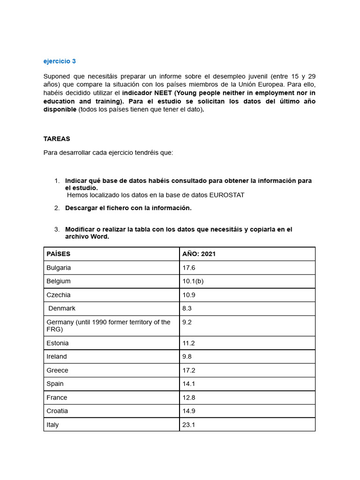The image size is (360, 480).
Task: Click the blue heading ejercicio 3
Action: point(60,61)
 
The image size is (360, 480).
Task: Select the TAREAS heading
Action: point(57,139)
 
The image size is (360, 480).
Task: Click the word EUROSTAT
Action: point(227,195)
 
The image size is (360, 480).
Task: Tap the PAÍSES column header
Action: point(59,254)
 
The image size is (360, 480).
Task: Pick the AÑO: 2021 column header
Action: point(199,254)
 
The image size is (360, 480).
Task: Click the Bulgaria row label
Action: point(59,268)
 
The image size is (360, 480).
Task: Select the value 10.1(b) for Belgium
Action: point(193,281)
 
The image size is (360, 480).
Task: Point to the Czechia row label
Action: point(59,295)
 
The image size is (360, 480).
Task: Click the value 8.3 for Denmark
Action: point(187,308)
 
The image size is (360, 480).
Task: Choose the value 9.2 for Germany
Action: point(187,322)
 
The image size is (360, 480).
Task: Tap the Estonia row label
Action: point(58,343)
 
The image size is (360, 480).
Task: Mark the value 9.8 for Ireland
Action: point(187,357)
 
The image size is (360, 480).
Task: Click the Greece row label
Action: point(57,370)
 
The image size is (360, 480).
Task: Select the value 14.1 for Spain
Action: point(188,384)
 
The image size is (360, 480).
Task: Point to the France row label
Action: point(57,397)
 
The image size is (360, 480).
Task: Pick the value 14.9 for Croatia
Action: point(188,411)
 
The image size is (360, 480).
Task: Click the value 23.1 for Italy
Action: point(188,425)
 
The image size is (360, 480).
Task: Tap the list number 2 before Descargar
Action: point(56,208)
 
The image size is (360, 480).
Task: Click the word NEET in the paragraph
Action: point(164,93)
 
